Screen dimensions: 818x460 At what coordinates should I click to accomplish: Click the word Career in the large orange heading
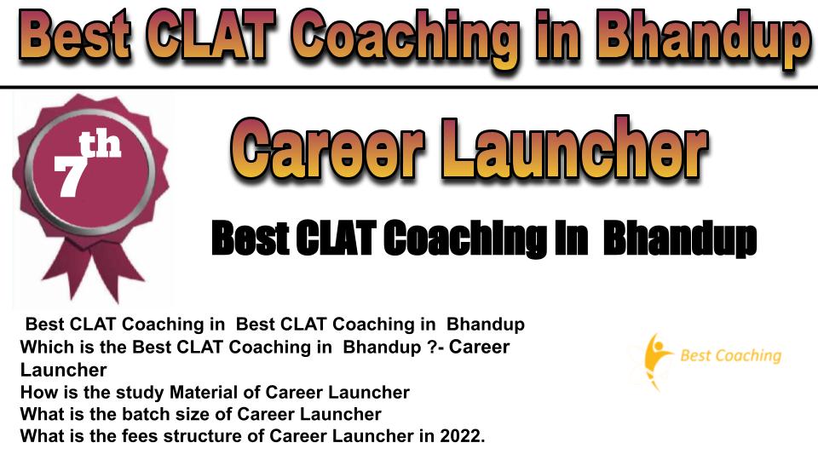(326, 148)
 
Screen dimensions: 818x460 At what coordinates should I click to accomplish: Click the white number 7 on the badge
(70, 175)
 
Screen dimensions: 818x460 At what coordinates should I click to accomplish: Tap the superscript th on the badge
(100, 145)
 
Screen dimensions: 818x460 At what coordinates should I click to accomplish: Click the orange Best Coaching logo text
(731, 356)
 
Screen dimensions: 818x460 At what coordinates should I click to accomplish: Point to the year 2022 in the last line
(462, 435)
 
